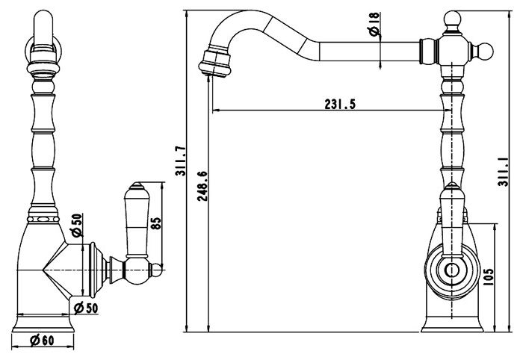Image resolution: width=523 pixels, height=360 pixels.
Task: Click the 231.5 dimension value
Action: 340,105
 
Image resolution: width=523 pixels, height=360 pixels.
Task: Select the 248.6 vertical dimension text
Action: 202,186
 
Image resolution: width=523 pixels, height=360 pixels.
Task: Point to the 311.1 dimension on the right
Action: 504,172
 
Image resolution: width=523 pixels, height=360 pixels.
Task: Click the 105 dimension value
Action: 488,276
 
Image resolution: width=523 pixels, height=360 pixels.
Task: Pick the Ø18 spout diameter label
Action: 374,24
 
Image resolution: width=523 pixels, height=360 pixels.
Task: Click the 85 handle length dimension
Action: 156,223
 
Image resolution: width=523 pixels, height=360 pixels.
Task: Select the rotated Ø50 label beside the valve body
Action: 77,225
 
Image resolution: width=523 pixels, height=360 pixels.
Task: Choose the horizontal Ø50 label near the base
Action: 86,308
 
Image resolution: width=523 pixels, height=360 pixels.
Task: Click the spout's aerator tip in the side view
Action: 215,63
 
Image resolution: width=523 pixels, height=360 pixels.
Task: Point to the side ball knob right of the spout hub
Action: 485,52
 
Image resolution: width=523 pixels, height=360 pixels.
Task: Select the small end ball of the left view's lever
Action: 157,270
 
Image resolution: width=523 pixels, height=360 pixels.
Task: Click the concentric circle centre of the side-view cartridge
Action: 451,270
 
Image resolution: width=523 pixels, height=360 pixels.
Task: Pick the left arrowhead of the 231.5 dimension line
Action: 216,110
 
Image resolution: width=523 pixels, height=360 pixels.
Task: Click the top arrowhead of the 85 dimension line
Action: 162,185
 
